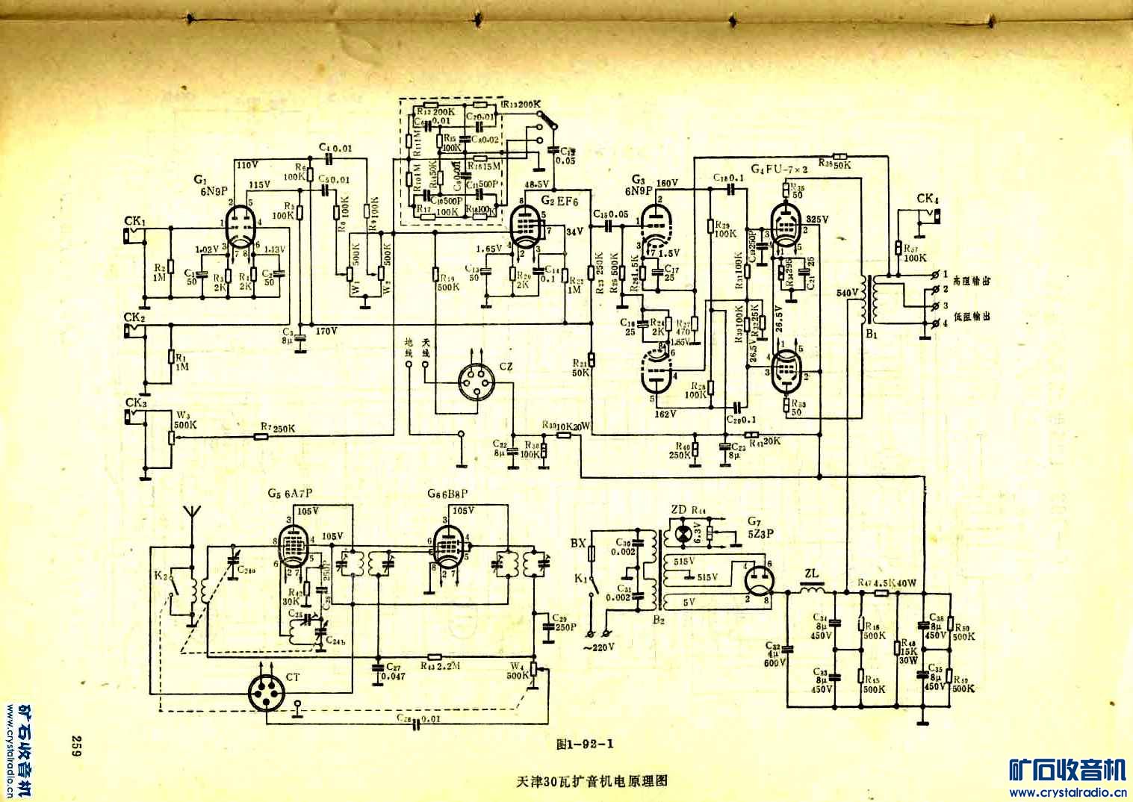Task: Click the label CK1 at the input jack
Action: (x=135, y=222)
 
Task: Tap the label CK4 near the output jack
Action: (x=927, y=199)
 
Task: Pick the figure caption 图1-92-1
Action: (x=584, y=743)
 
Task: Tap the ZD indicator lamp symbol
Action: (x=681, y=533)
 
